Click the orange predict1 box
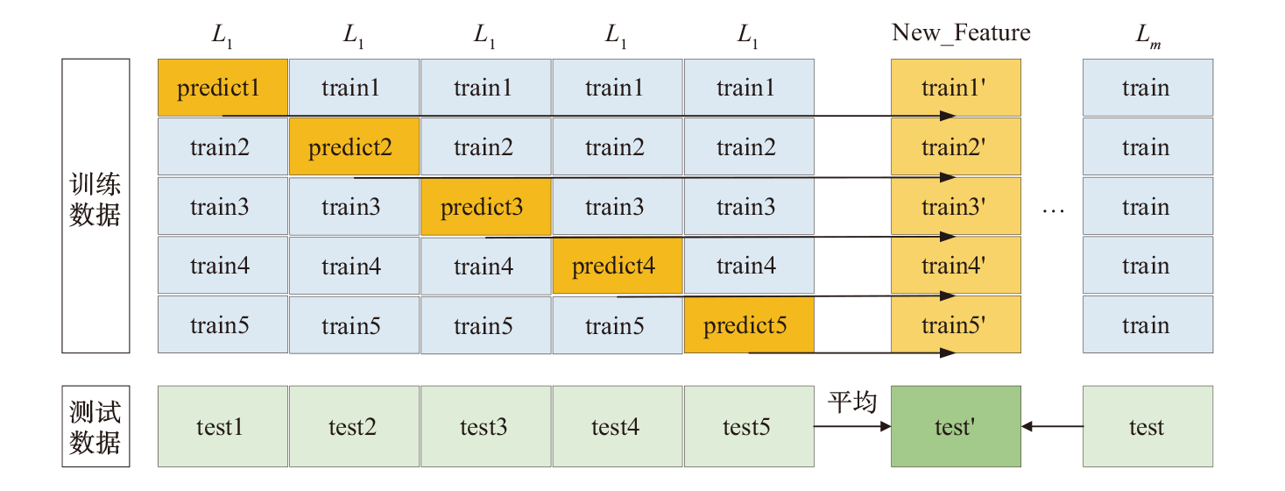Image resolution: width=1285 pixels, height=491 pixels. [x=222, y=88]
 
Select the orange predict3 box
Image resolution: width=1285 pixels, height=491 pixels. [x=485, y=207]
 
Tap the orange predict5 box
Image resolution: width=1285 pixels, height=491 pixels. [x=749, y=325]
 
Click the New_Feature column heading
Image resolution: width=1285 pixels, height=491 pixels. [x=961, y=33]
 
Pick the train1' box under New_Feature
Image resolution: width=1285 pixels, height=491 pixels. [x=956, y=88]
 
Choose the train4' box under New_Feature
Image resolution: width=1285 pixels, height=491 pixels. [x=956, y=266]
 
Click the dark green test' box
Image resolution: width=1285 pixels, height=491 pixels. [x=956, y=427]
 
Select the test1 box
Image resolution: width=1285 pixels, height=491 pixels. [x=222, y=427]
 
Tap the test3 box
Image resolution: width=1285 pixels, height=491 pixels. [x=485, y=427]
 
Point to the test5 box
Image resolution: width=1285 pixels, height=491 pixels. [x=749, y=427]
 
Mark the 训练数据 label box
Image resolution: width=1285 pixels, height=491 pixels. [x=95, y=205]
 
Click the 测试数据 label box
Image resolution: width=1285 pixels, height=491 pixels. [x=95, y=426]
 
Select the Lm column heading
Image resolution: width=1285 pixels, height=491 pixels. [x=1147, y=35]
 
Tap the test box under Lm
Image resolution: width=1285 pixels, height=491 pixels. [x=1147, y=427]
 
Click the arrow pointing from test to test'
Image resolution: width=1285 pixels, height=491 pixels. [x=1052, y=427]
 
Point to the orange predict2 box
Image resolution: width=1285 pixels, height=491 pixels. [x=354, y=147]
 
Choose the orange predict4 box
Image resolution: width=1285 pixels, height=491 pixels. [x=617, y=266]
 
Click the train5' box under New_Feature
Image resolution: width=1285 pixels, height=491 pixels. [x=956, y=325]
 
